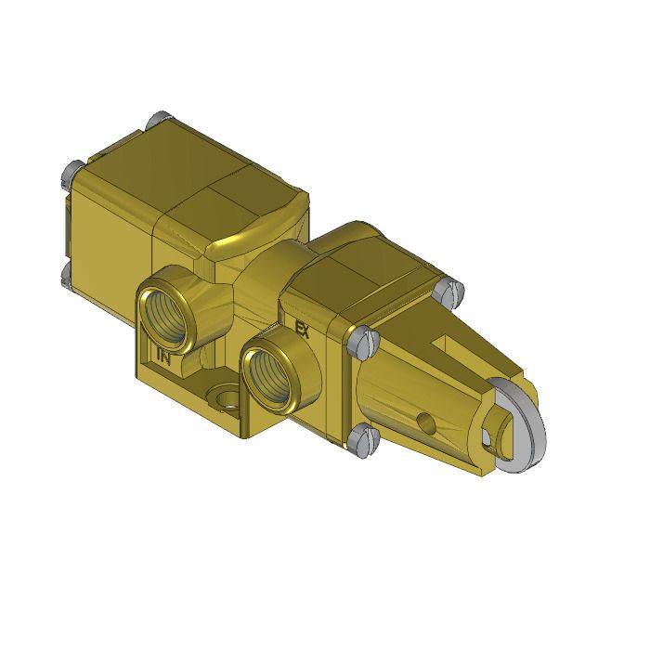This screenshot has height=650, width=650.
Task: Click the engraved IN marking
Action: [x=163, y=355]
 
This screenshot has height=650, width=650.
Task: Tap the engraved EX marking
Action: [x=301, y=327]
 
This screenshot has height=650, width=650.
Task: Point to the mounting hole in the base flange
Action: [x=224, y=400]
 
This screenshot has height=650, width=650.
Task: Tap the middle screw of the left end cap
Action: [x=68, y=171]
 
